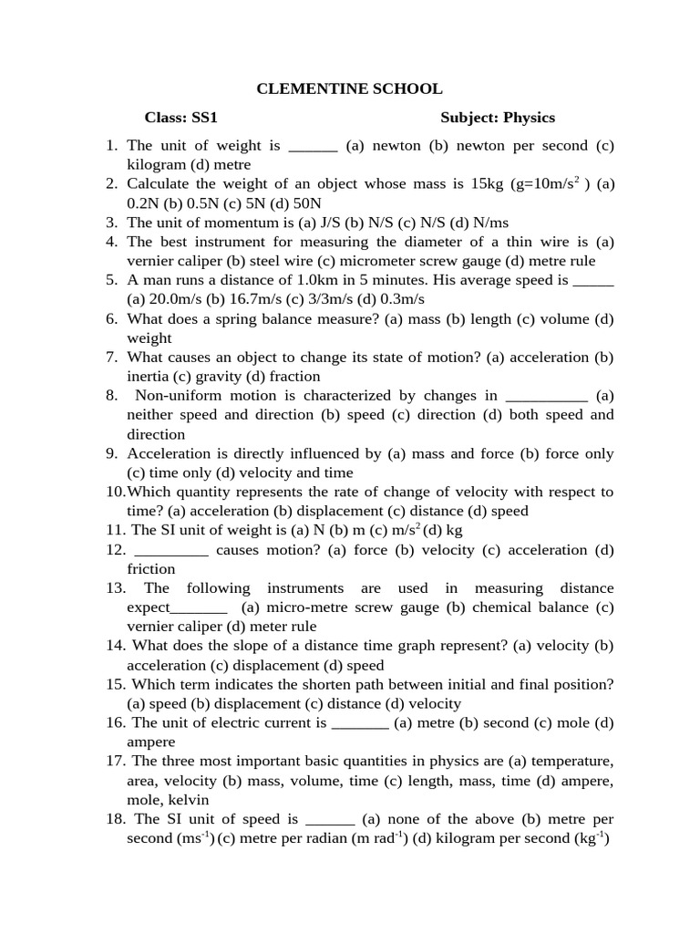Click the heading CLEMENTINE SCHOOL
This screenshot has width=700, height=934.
pyautogui.click(x=349, y=88)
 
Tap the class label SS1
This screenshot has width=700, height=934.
pyautogui.click(x=203, y=118)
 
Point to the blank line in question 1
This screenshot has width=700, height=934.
pyautogui.click(x=313, y=146)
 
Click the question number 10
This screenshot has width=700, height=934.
pyautogui.click(x=115, y=492)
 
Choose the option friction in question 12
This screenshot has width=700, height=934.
pyautogui.click(x=150, y=569)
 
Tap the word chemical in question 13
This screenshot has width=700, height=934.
pyautogui.click(x=498, y=607)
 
